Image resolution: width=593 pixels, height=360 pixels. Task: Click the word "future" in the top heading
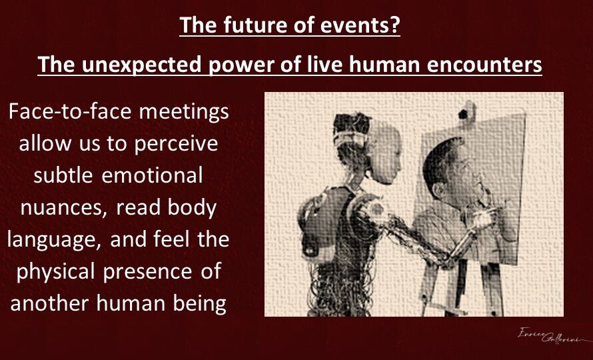(255, 25)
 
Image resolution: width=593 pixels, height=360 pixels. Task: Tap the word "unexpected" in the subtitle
(141, 65)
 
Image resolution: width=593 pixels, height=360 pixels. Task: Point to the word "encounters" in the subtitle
(484, 65)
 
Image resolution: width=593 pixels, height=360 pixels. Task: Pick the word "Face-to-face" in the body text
(70, 111)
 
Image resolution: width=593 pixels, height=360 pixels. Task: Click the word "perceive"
(177, 145)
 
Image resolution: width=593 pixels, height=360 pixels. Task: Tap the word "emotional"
(152, 175)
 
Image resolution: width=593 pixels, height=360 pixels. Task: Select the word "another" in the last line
(50, 303)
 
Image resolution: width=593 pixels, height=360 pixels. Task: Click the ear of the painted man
(438, 189)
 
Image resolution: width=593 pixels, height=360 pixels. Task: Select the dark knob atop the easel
(463, 113)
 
